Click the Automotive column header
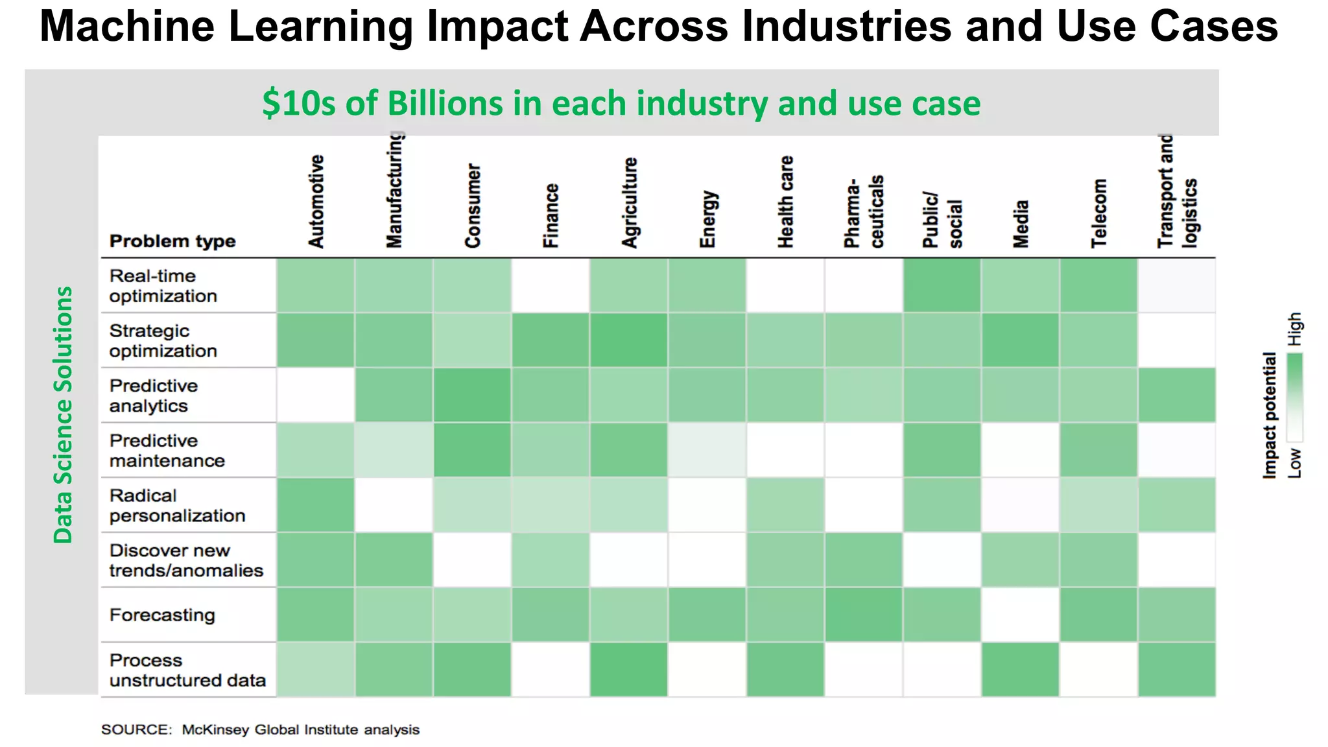[316, 202]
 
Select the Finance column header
[551, 216]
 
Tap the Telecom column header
[1099, 213]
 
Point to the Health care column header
[786, 202]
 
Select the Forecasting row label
[162, 615]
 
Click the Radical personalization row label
[177, 506]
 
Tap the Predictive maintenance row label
[167, 451]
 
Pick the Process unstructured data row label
[187, 670]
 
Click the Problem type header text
[172, 241]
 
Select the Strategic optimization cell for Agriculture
[629, 340]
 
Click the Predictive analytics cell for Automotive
[316, 396]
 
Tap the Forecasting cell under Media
[1021, 615]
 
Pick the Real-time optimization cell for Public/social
[942, 285]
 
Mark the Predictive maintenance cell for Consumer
[473, 451]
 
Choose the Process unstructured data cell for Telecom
[1099, 670]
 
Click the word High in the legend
[1294, 329]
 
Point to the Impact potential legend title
[1270, 416]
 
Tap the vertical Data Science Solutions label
[63, 415]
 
